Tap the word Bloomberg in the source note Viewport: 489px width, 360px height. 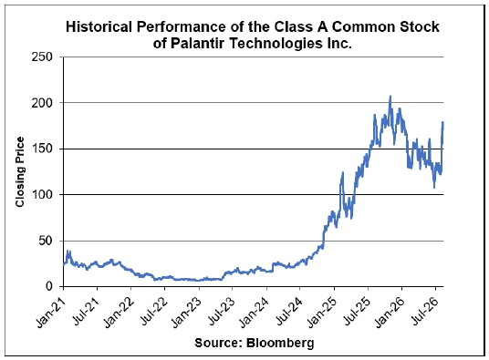[x=280, y=343]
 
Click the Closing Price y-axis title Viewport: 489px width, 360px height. [x=20, y=171]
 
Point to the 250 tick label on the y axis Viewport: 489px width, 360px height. [x=42, y=57]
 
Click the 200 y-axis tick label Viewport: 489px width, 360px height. [x=42, y=103]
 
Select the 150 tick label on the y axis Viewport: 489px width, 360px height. [x=42, y=149]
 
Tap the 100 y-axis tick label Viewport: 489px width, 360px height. [x=42, y=195]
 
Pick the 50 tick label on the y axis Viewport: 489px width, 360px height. [x=46, y=241]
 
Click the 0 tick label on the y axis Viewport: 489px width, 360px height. [x=49, y=286]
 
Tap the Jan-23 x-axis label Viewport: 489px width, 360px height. [x=187, y=312]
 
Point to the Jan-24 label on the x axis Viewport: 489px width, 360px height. [x=255, y=312]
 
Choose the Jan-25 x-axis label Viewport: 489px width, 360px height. [x=322, y=312]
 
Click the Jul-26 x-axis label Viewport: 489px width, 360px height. [x=424, y=311]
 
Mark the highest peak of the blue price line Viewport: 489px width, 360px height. [x=390, y=97]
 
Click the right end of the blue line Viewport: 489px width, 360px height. [x=442, y=123]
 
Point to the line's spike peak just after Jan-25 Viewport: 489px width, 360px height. [x=343, y=172]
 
